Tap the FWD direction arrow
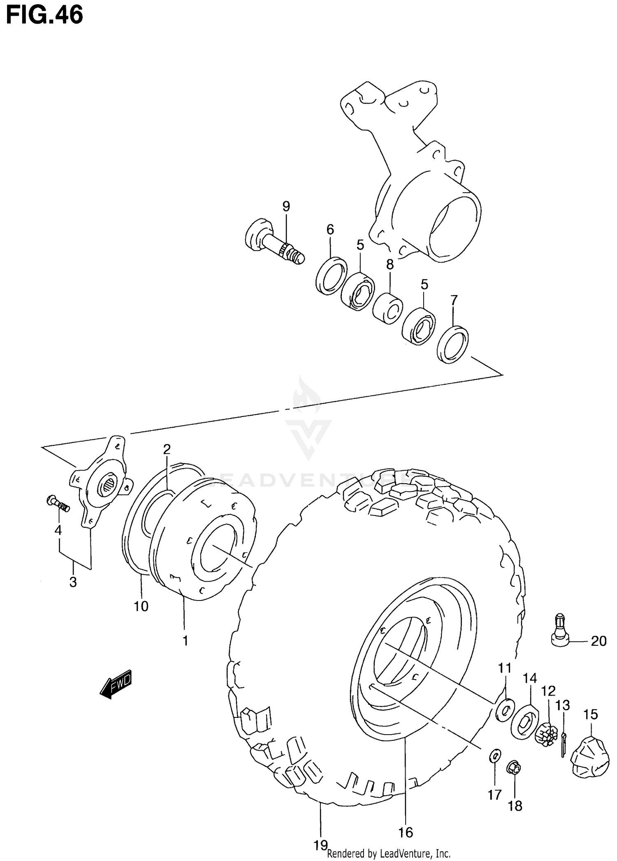tap(116, 684)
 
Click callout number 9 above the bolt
tap(286, 206)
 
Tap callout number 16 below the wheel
tap(406, 832)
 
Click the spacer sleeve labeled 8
tap(387, 308)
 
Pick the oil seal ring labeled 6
tap(331, 275)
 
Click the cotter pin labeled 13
tap(563, 745)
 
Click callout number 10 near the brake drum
tap(141, 606)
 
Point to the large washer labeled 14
tap(525, 722)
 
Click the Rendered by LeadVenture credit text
tap(389, 853)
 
